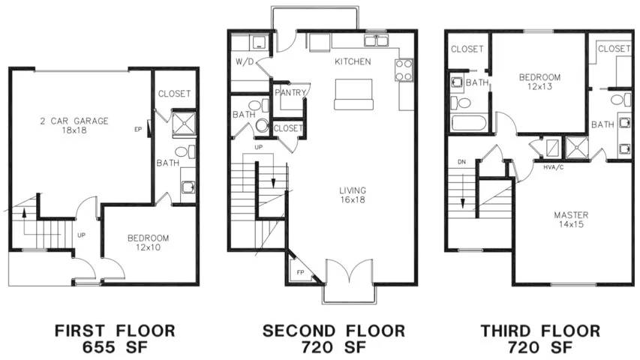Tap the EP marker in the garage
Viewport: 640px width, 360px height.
137,129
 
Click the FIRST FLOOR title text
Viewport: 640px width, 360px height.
115,331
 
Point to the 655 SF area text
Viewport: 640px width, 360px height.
115,347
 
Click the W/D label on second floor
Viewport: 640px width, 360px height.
245,62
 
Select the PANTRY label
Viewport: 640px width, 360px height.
288,93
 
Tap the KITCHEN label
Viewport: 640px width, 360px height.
353,61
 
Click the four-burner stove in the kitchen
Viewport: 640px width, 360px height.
403,70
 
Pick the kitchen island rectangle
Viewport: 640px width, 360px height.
354,94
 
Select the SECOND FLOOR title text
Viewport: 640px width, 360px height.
333,331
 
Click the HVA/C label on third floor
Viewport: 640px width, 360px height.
554,166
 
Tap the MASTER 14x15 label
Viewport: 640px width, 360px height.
570,220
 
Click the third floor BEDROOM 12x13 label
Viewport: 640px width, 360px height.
540,82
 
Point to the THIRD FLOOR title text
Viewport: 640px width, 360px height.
540,331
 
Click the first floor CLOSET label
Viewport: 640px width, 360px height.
174,94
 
